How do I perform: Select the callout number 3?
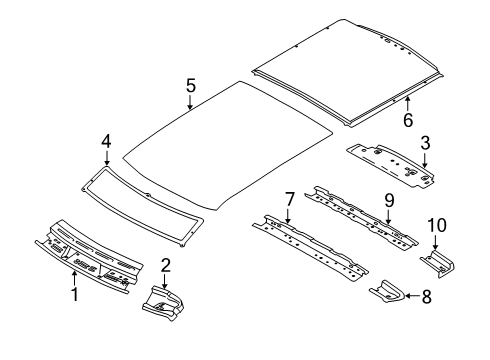pyautogui.click(x=425, y=142)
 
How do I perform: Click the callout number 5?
pyautogui.click(x=190, y=86)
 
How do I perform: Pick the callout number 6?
pyautogui.click(x=407, y=120)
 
